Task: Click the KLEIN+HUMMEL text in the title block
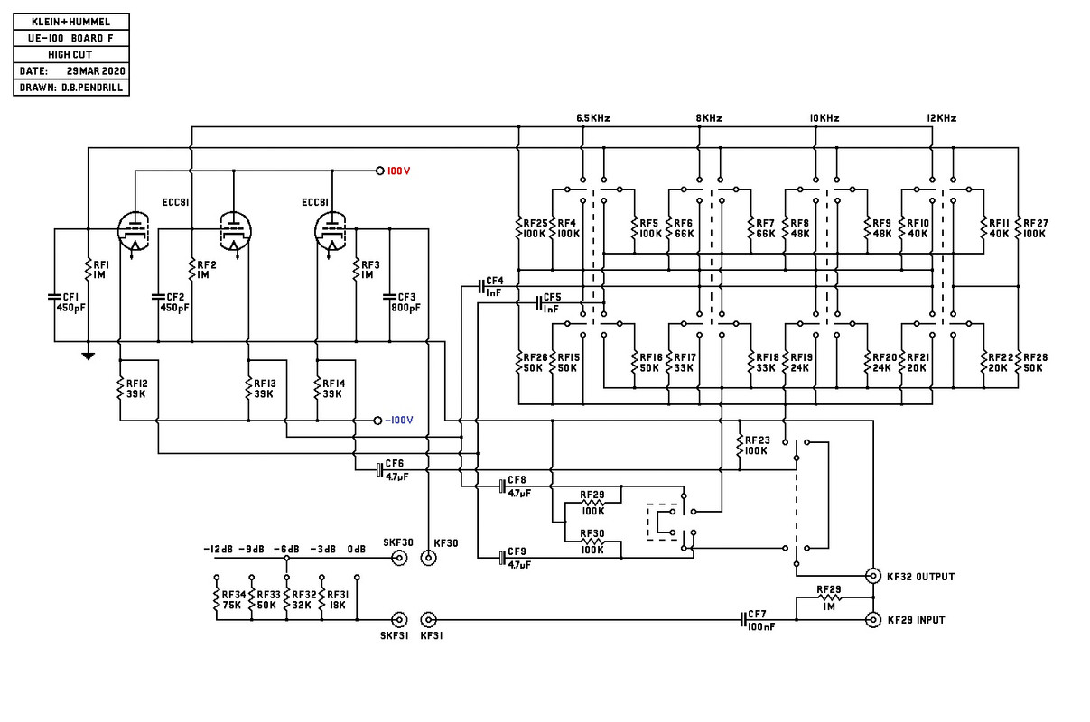[71, 22]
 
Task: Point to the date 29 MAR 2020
[96, 71]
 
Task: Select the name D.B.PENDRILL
[92, 88]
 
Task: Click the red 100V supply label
[398, 171]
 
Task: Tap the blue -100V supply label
[399, 420]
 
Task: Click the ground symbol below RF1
[89, 356]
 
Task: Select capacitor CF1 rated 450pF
[54, 297]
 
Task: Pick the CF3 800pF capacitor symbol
[389, 297]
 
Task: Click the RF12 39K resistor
[120, 389]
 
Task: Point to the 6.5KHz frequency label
[593, 118]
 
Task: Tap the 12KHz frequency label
[942, 118]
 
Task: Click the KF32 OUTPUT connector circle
[873, 576]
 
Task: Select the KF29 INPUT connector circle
[873, 620]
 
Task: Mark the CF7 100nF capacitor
[743, 620]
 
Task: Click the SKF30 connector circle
[399, 558]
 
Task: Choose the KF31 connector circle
[428, 620]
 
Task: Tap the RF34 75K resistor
[217, 599]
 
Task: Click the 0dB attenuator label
[356, 549]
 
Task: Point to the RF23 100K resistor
[740, 445]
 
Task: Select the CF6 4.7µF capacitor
[380, 470]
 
